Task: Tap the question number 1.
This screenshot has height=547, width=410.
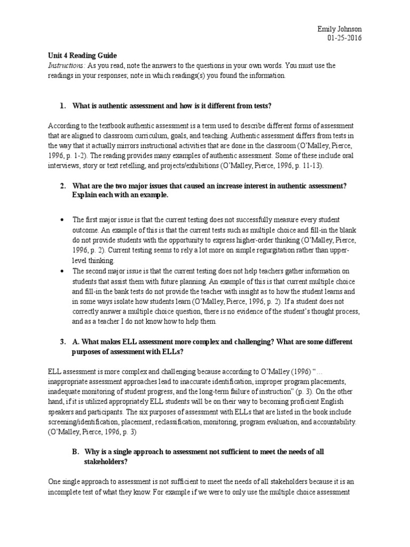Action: (62, 106)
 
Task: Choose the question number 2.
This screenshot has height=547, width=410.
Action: (62, 185)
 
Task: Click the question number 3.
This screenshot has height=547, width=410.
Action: (62, 340)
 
